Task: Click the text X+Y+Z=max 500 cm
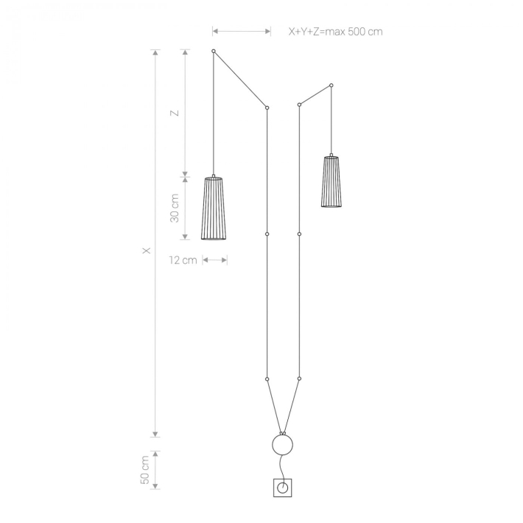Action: (335, 32)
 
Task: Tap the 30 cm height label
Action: (175, 208)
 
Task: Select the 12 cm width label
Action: (183, 260)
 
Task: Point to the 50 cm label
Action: (145, 470)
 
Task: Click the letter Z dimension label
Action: (175, 113)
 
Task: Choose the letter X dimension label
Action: (147, 250)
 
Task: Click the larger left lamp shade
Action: (214, 208)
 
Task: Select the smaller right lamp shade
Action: (331, 180)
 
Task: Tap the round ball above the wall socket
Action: (283, 445)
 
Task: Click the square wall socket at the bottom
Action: (283, 488)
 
